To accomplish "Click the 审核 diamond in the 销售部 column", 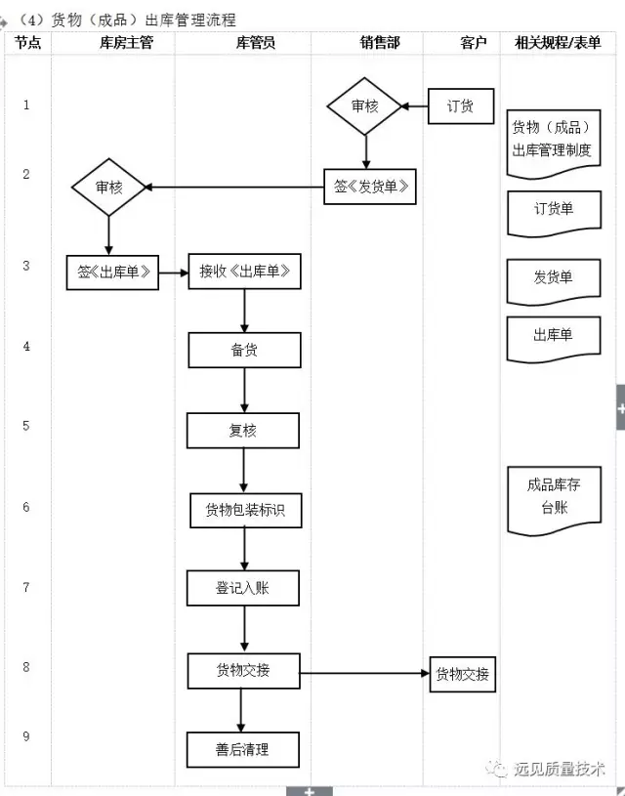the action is pyautogui.click(x=364, y=106).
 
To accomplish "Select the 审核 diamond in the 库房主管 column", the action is pyautogui.click(x=108, y=188).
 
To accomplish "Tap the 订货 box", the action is pyautogui.click(x=461, y=106).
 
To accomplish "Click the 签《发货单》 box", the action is pyautogui.click(x=370, y=187).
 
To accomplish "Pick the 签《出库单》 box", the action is pyautogui.click(x=112, y=272).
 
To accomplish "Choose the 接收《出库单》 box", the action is pyautogui.click(x=245, y=272).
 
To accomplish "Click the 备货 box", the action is pyautogui.click(x=245, y=351).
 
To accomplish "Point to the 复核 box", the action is pyautogui.click(x=243, y=431).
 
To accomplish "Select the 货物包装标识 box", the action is pyautogui.click(x=246, y=510).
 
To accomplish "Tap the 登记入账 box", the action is pyautogui.click(x=243, y=588).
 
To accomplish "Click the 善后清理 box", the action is pyautogui.click(x=243, y=749).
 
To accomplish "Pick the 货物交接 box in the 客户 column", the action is pyautogui.click(x=463, y=674).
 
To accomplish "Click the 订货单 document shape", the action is pyautogui.click(x=555, y=214).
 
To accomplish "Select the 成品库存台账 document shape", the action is pyautogui.click(x=555, y=501).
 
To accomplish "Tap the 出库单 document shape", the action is pyautogui.click(x=554, y=340).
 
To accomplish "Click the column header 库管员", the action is pyautogui.click(x=256, y=43).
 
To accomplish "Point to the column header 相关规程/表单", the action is pyautogui.click(x=558, y=43).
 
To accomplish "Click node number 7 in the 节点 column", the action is pyautogui.click(x=26, y=587).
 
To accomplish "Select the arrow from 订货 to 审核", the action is pyautogui.click(x=415, y=106).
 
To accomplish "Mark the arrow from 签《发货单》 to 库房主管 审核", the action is pyautogui.click(x=234, y=188).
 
